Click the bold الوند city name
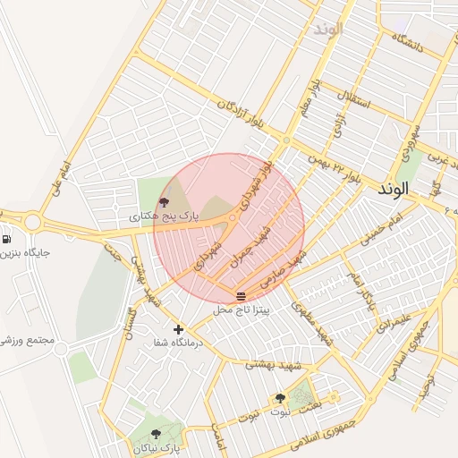point(393,190)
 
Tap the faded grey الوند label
point(327,29)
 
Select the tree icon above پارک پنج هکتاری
point(163,202)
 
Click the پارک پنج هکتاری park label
point(162,216)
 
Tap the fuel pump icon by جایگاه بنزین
point(7,239)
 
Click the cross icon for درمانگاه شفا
point(179,329)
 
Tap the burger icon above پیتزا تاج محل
point(241,296)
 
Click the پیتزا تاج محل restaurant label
point(241,310)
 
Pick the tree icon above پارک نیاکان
point(156,434)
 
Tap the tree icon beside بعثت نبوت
point(280,398)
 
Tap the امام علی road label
point(60,178)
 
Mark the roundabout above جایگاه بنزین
point(33,222)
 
